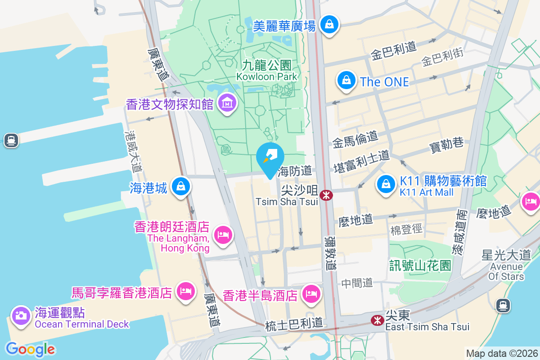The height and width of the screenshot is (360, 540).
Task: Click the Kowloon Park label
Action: [x=267, y=71]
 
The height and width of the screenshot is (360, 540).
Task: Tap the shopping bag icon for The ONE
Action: [x=346, y=81]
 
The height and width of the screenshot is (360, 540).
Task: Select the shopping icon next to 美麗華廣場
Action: [x=330, y=24]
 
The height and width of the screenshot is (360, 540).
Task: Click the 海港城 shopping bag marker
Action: [x=180, y=185]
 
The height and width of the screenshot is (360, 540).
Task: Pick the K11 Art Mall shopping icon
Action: [x=386, y=184]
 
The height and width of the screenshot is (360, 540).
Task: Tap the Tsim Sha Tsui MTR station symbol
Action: [x=325, y=195]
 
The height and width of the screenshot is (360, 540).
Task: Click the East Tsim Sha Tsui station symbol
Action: [x=377, y=320]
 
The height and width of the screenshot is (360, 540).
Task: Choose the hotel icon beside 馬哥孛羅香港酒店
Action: [x=185, y=291]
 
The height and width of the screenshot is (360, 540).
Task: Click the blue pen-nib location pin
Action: [x=270, y=158]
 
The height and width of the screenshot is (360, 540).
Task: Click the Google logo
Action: [x=30, y=349]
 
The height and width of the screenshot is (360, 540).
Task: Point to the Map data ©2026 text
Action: [x=501, y=353]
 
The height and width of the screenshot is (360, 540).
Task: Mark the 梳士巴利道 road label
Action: [x=294, y=324]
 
